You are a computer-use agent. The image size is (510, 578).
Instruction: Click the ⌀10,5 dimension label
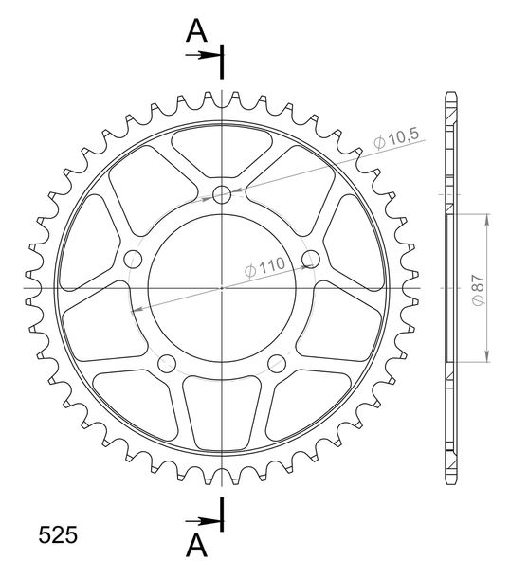pyautogui.click(x=396, y=139)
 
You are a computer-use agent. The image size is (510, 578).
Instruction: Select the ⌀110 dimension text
pyautogui.click(x=264, y=266)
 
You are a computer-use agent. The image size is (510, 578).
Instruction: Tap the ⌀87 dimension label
pyautogui.click(x=479, y=289)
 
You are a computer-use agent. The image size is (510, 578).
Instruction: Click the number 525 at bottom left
pyautogui.click(x=58, y=534)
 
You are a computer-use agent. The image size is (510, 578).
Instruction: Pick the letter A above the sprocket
pyautogui.click(x=196, y=31)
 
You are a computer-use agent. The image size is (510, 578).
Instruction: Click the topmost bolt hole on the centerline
pyautogui.click(x=222, y=194)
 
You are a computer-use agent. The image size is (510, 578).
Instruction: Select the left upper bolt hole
pyautogui.click(x=133, y=259)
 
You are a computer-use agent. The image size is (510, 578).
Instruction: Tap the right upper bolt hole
pyautogui.click(x=311, y=259)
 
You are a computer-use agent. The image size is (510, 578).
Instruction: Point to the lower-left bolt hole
pyautogui.click(x=167, y=364)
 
